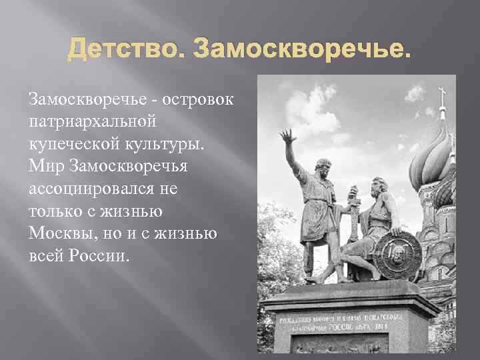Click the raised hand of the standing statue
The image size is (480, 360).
pyautogui.click(x=288, y=137)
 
